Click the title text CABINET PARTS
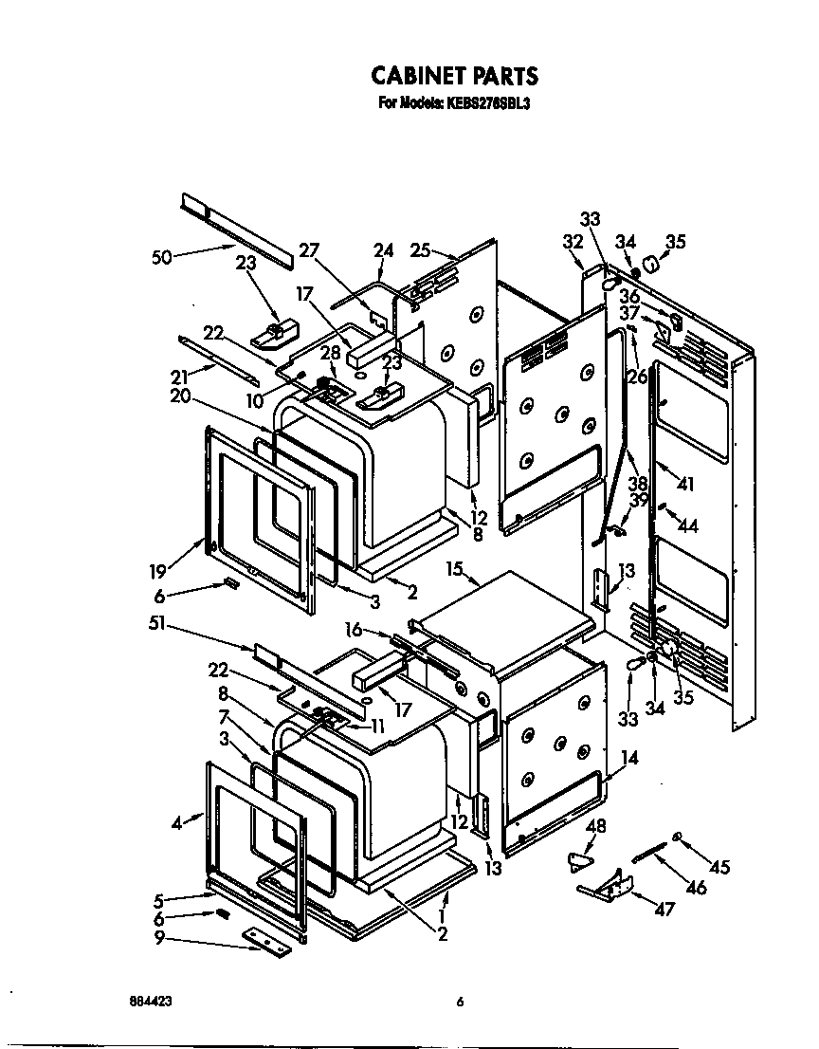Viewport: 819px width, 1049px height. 453,75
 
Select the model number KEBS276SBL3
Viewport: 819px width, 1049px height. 482,104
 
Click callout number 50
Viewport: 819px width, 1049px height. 164,257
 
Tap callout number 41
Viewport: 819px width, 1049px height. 686,485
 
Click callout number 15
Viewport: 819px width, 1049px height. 456,570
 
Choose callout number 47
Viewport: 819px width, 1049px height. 664,910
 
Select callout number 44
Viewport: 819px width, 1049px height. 689,526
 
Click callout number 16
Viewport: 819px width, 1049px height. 355,629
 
